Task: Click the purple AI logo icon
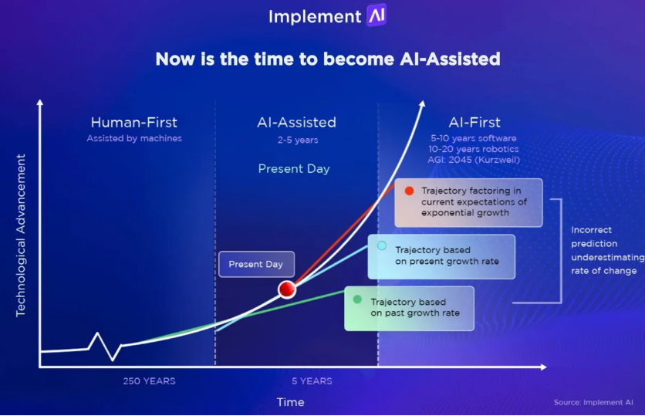coord(377,15)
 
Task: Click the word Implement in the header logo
coord(315,17)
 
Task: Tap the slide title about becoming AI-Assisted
coord(328,59)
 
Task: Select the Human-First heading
coord(134,122)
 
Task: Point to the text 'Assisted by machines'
coord(134,138)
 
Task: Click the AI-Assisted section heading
coord(296,122)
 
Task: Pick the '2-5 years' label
coord(298,140)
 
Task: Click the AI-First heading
coord(474,122)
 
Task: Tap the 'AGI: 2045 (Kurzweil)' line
coord(474,160)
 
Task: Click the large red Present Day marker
coord(287,289)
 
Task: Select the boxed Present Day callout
coord(256,264)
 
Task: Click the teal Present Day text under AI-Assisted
coord(294,169)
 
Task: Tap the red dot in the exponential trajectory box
coord(409,191)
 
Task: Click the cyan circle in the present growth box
coord(382,245)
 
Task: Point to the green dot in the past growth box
coord(357,299)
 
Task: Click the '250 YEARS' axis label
coord(150,381)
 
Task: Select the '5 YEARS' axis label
coord(312,381)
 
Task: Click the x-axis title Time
coord(290,402)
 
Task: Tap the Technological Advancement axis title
coord(21,235)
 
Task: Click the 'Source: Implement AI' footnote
coord(593,402)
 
